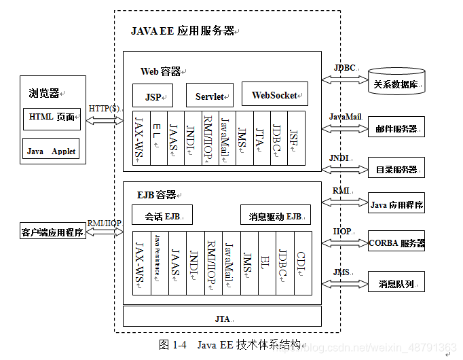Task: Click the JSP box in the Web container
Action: (x=153, y=96)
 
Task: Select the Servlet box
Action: (x=210, y=96)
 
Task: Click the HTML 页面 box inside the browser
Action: (x=51, y=118)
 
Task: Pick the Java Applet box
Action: (x=51, y=150)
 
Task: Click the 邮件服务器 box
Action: (x=396, y=128)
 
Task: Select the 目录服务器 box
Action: (x=396, y=168)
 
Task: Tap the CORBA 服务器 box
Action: (x=396, y=242)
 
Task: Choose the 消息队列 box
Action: (x=396, y=282)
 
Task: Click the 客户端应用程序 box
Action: (x=52, y=232)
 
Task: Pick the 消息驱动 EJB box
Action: (x=275, y=216)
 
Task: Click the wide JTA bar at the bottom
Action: (x=222, y=317)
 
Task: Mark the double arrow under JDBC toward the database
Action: (x=344, y=79)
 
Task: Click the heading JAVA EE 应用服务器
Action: (x=183, y=31)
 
